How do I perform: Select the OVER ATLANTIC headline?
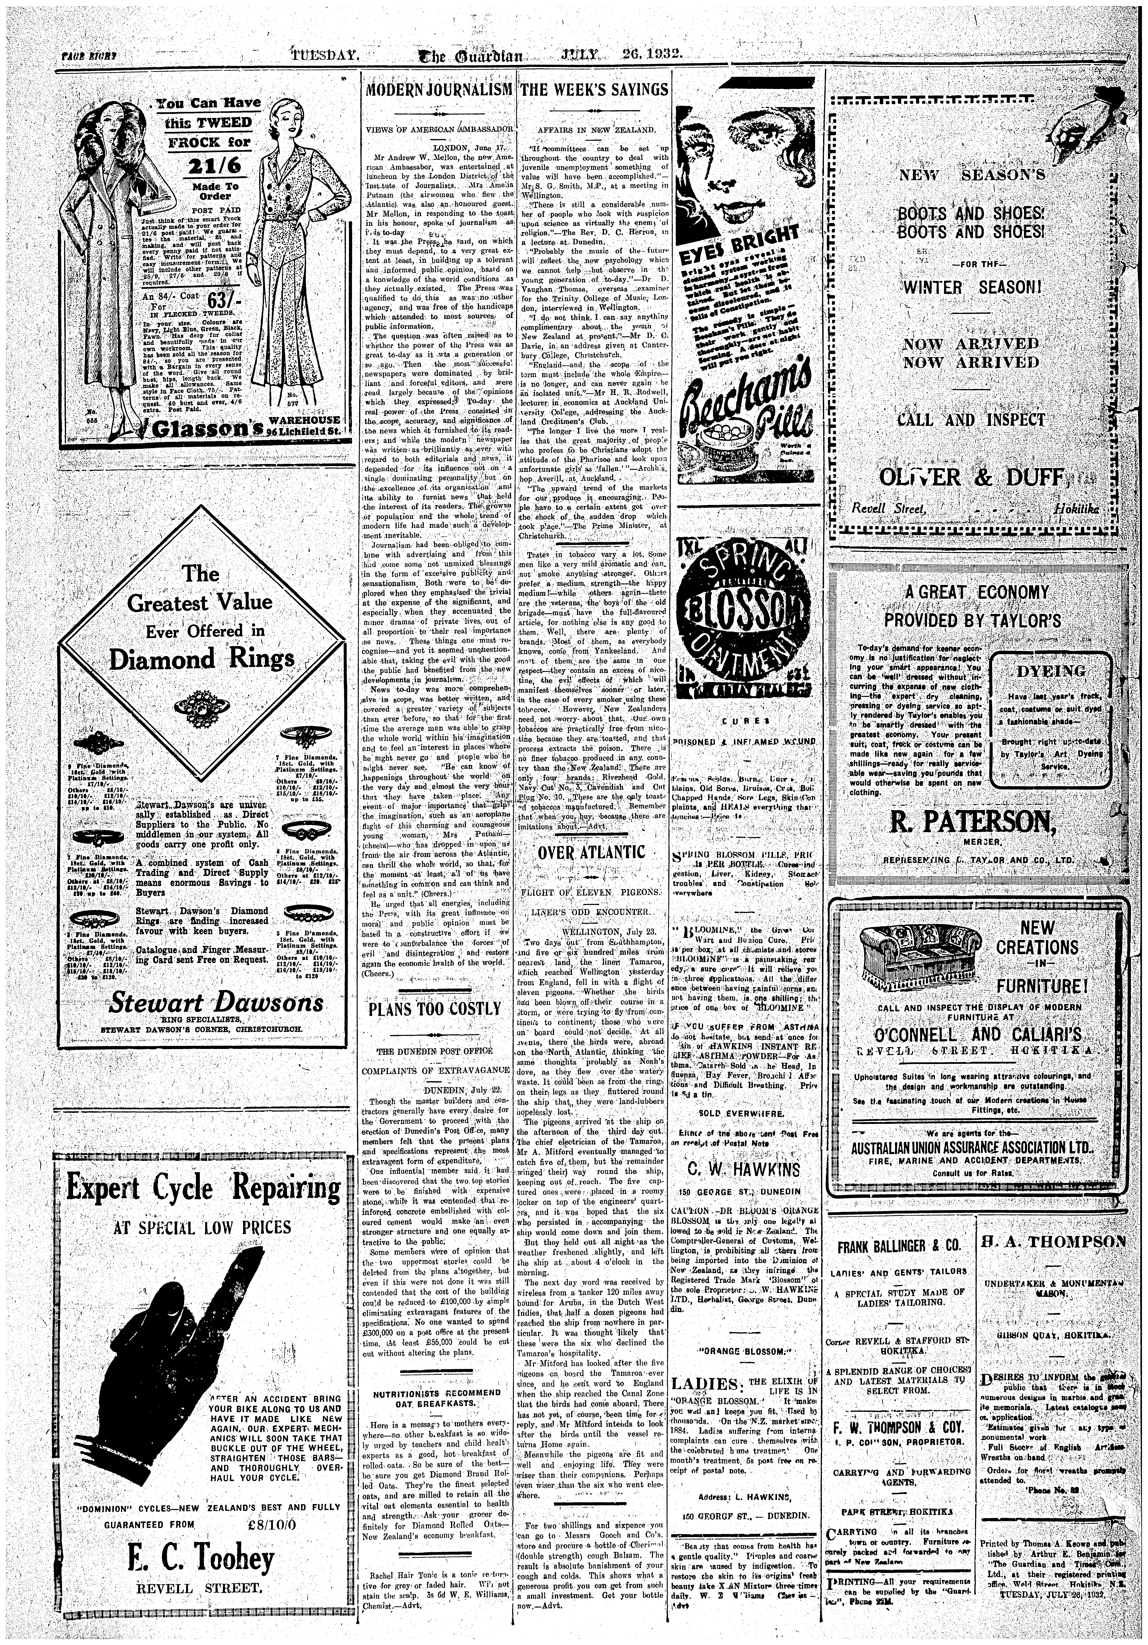pyautogui.click(x=591, y=853)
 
